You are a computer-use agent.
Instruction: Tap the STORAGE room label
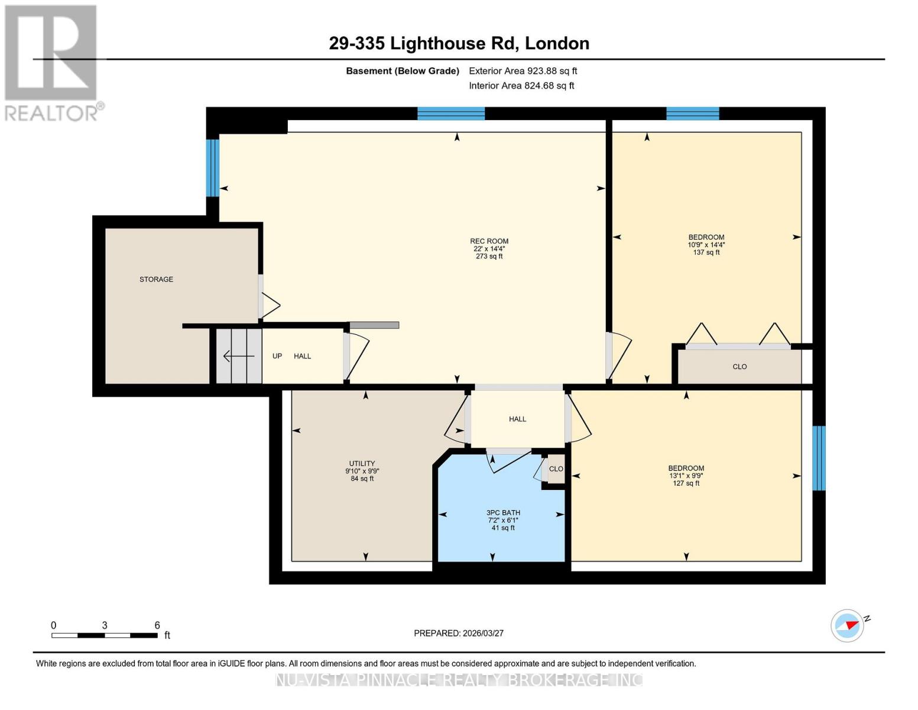[156, 279]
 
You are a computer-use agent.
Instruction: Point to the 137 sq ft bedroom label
[706, 244]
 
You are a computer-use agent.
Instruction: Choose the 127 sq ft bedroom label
[686, 475]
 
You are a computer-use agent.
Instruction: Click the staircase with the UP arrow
[238, 356]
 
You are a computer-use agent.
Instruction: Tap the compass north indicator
[848, 625]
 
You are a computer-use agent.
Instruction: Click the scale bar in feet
[105, 635]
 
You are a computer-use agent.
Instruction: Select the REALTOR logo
[51, 62]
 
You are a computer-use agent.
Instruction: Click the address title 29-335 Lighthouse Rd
[459, 43]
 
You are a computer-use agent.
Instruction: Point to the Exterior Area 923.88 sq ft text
[523, 71]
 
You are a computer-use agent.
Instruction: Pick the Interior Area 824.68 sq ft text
[521, 86]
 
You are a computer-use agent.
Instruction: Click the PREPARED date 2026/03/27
[459, 633]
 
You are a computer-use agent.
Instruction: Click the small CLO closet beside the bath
[556, 469]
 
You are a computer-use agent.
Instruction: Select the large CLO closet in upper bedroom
[739, 367]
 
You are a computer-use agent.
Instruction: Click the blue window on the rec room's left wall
[212, 167]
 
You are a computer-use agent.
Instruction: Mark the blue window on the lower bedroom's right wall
[819, 458]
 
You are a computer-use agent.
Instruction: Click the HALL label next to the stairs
[302, 356]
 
